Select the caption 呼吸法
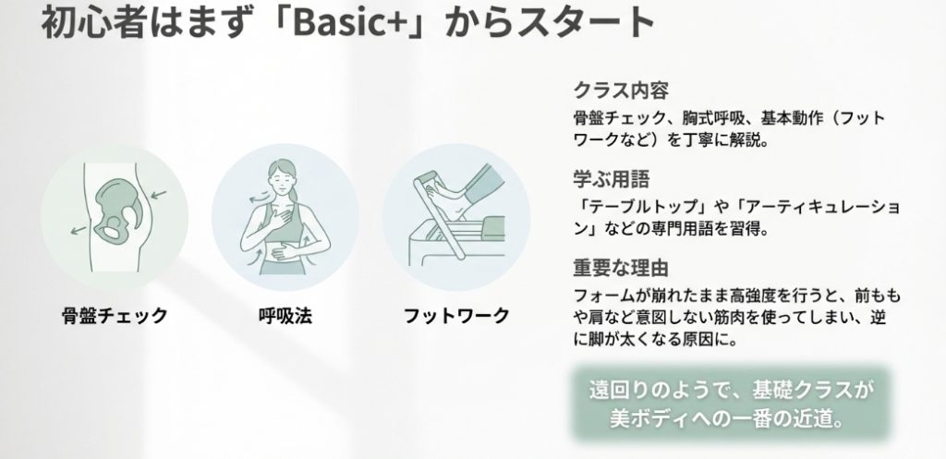point(285,316)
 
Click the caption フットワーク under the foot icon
point(456,316)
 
